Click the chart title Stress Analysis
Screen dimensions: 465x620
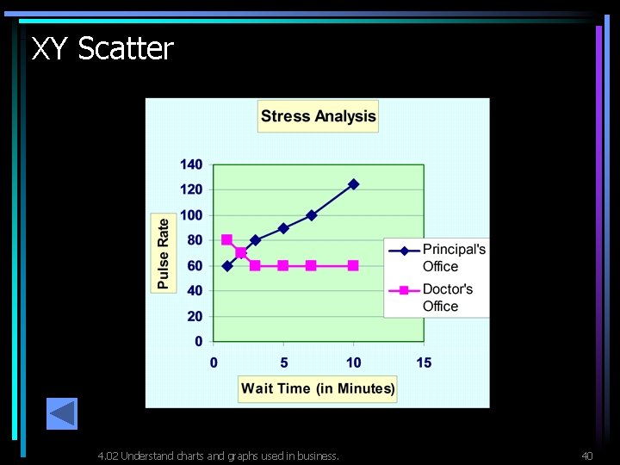[318, 116]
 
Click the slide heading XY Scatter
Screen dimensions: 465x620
[102, 49]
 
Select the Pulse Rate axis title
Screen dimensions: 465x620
[164, 252]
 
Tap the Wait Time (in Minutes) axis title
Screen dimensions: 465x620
[318, 388]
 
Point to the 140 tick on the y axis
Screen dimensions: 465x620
[191, 164]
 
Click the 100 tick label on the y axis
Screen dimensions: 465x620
[191, 215]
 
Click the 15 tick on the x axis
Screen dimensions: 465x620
[424, 363]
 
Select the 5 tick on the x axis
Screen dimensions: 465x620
[284, 363]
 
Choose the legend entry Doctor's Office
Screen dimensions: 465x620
[447, 297]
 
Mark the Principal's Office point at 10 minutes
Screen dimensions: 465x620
[353, 184]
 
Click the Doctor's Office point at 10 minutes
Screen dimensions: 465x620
[353, 266]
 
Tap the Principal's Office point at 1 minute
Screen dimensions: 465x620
[227, 266]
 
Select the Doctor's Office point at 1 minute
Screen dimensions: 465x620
[227, 240]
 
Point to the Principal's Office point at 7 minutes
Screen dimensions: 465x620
[312, 215]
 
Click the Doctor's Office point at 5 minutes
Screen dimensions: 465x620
[283, 266]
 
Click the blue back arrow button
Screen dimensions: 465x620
[62, 414]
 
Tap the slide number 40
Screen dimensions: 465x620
[587, 456]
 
